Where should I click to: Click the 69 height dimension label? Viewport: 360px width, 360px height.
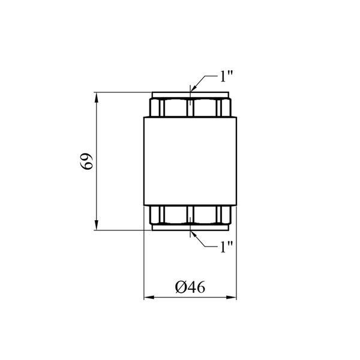tap(87, 161)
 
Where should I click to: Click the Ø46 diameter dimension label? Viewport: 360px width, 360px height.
tap(190, 287)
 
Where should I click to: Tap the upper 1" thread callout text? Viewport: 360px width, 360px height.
tap(226, 76)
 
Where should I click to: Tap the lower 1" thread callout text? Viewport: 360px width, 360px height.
tap(226, 247)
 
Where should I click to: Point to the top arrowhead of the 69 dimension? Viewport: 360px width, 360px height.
tap(97, 97)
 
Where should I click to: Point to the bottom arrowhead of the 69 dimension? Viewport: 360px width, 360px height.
tap(97, 225)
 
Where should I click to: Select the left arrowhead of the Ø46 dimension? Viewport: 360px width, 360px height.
tap(149, 298)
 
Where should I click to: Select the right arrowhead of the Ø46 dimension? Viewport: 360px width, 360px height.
tap(231, 298)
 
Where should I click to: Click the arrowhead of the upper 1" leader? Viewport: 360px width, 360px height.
tap(194, 88)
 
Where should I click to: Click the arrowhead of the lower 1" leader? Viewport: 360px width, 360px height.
tap(194, 235)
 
